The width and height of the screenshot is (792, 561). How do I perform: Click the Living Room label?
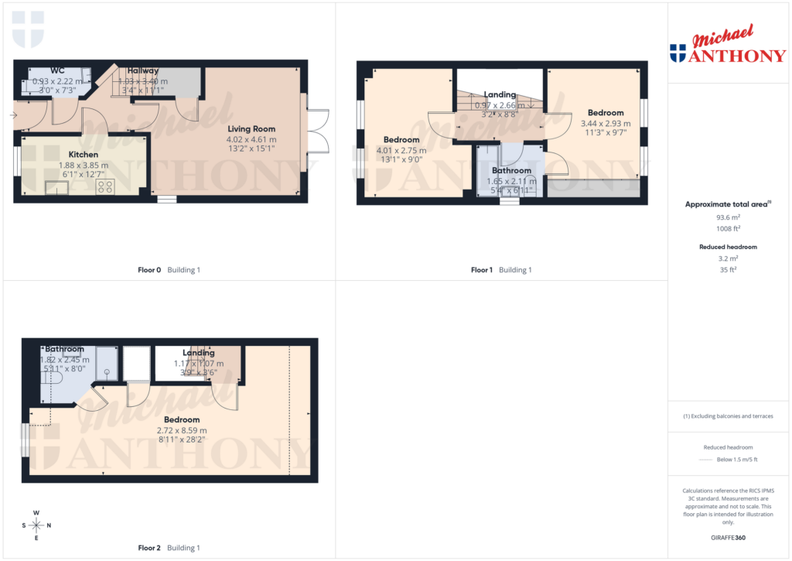click(251, 129)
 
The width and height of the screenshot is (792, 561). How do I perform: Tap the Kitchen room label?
click(84, 155)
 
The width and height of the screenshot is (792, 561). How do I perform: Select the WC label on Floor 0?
click(58, 70)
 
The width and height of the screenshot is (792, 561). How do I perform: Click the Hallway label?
click(143, 70)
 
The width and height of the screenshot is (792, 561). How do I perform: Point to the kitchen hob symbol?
click(104, 186)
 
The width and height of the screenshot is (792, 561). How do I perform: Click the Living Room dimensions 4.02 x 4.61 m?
click(251, 139)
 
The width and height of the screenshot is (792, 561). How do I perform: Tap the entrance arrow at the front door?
click(13, 115)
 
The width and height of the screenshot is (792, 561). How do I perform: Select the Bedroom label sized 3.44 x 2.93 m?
click(606, 113)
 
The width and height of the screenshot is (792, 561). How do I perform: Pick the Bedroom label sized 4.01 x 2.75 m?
click(401, 140)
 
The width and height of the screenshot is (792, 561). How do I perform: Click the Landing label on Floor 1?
click(500, 95)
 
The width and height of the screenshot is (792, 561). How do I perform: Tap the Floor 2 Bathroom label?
click(64, 350)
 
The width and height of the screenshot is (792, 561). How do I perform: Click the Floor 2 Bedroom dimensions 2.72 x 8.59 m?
click(182, 430)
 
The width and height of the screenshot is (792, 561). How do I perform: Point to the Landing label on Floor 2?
click(199, 353)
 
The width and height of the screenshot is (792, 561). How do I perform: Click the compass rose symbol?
click(36, 525)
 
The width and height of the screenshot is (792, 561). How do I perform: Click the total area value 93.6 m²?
click(727, 217)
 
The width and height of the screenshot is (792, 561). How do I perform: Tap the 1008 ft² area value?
click(727, 228)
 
